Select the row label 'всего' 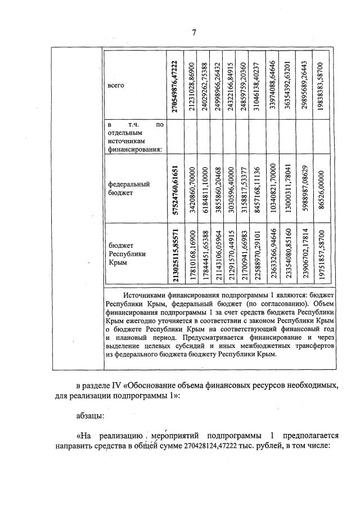(x=115, y=85)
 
